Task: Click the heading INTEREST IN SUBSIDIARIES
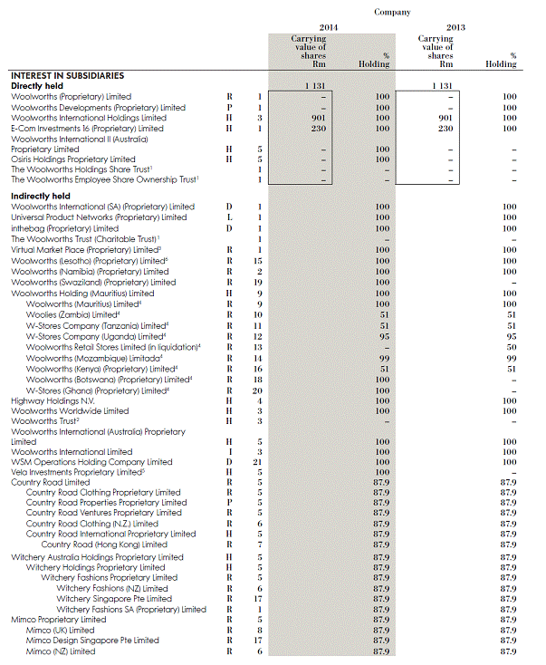[x=67, y=75]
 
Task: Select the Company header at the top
[x=392, y=13]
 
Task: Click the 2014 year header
[x=329, y=28]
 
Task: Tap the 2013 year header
[x=455, y=28]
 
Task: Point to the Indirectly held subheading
[x=41, y=196]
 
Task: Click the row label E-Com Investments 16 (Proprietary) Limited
[x=87, y=129]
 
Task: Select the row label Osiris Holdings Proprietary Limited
[x=73, y=159]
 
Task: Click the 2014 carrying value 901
[x=318, y=118]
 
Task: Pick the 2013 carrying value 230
[x=445, y=129]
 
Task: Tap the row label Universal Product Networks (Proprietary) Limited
[x=99, y=217]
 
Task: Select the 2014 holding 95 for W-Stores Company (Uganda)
[x=382, y=335]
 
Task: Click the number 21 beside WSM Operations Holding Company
[x=257, y=462]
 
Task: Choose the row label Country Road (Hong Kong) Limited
[x=104, y=545]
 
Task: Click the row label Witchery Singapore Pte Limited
[x=114, y=599]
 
